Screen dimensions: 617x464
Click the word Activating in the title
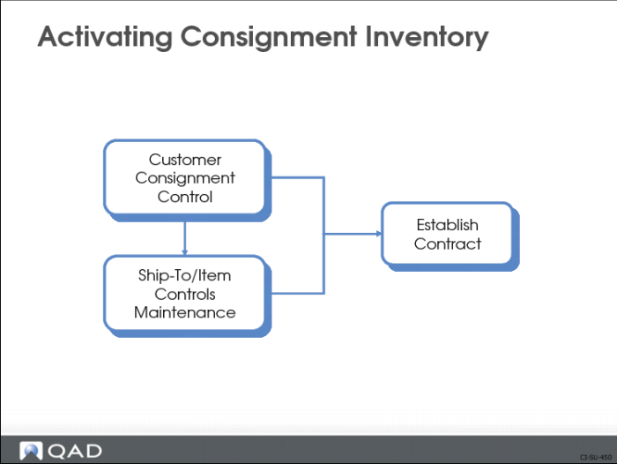[105, 38]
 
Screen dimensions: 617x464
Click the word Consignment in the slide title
[269, 38]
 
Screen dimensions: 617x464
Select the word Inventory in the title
[427, 38]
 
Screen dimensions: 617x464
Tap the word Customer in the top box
[185, 160]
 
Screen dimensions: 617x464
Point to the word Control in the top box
[185, 197]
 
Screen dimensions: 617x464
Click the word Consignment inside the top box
[185, 178]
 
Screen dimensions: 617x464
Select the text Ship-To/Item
[184, 275]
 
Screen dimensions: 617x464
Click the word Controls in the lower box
[185, 294]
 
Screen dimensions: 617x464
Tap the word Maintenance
[185, 312]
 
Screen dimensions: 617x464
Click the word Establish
[448, 225]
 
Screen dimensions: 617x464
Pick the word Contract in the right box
[448, 243]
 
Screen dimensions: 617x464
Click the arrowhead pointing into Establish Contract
[378, 234]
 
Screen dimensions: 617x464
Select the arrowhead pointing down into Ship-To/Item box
[184, 251]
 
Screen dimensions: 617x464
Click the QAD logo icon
[31, 451]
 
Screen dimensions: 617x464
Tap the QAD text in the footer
[75, 452]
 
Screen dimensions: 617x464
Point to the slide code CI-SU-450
[596, 457]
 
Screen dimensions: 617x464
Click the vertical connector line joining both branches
[323, 236]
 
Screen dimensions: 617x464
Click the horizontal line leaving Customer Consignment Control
[298, 177]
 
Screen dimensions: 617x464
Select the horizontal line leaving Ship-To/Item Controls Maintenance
[298, 294]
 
